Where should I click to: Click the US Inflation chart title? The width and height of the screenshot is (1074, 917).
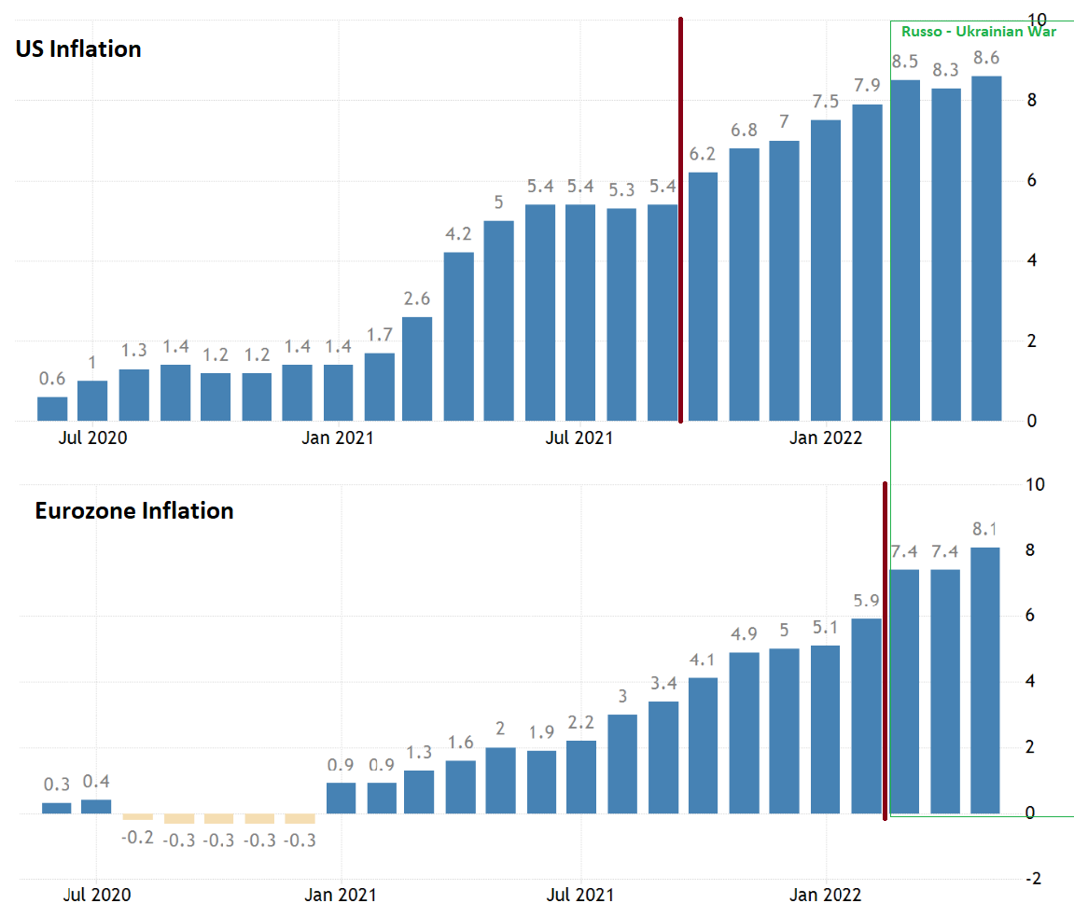(78, 49)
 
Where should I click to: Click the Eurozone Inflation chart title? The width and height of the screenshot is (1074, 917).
(134, 510)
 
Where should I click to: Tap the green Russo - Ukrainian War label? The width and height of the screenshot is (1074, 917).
(978, 32)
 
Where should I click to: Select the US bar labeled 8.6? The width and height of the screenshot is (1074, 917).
(986, 248)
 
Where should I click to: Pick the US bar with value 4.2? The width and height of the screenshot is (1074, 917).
(458, 336)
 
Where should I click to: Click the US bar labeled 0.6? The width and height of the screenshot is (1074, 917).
(52, 409)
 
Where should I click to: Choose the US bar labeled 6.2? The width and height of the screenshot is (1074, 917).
(703, 297)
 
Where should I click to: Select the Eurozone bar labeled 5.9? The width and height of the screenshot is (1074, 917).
(865, 716)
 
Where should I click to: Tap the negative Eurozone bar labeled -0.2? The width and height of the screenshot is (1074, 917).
(137, 816)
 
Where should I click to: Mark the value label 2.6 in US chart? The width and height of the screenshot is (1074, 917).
(417, 299)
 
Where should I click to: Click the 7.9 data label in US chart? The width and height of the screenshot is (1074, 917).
(867, 86)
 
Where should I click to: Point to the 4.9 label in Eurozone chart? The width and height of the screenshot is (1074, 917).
(744, 634)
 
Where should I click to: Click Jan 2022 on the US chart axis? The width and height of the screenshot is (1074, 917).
(826, 438)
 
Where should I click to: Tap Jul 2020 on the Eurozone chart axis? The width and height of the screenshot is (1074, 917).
(98, 895)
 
